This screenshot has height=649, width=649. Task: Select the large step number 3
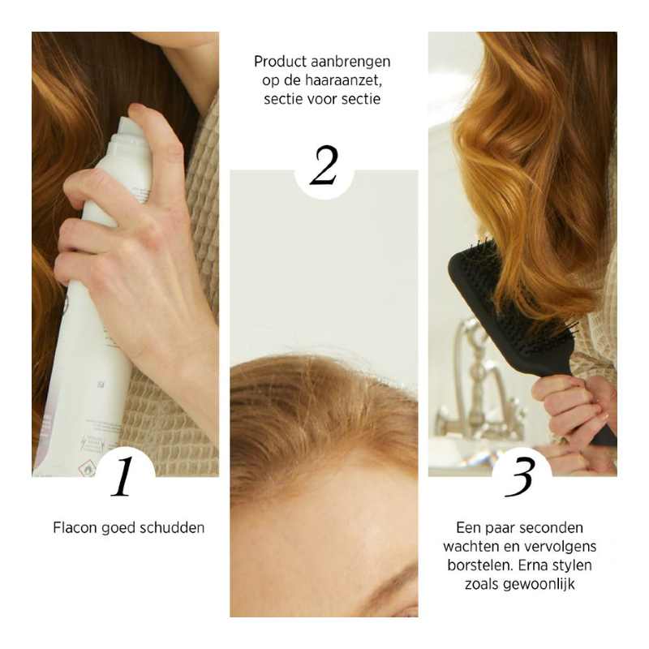(x=518, y=479)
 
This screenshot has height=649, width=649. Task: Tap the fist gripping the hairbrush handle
(x=568, y=406)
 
